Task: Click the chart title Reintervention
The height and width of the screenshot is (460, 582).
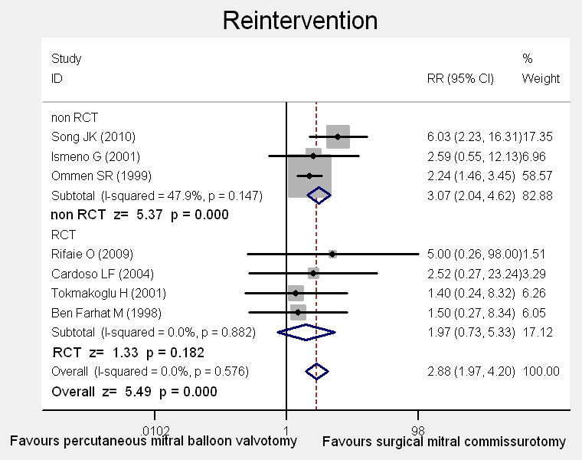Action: [x=299, y=20]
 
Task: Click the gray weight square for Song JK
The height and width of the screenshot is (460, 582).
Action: [x=338, y=137]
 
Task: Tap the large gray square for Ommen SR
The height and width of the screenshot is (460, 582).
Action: [x=309, y=176]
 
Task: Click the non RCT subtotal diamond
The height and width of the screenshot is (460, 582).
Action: [x=318, y=195]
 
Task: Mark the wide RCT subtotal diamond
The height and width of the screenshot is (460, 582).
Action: [x=306, y=332]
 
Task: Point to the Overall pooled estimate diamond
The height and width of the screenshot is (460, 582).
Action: [x=316, y=371]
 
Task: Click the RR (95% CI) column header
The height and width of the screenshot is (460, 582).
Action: [x=459, y=78]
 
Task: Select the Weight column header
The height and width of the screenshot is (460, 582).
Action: [x=541, y=78]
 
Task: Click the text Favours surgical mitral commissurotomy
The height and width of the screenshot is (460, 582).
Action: [x=444, y=442]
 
